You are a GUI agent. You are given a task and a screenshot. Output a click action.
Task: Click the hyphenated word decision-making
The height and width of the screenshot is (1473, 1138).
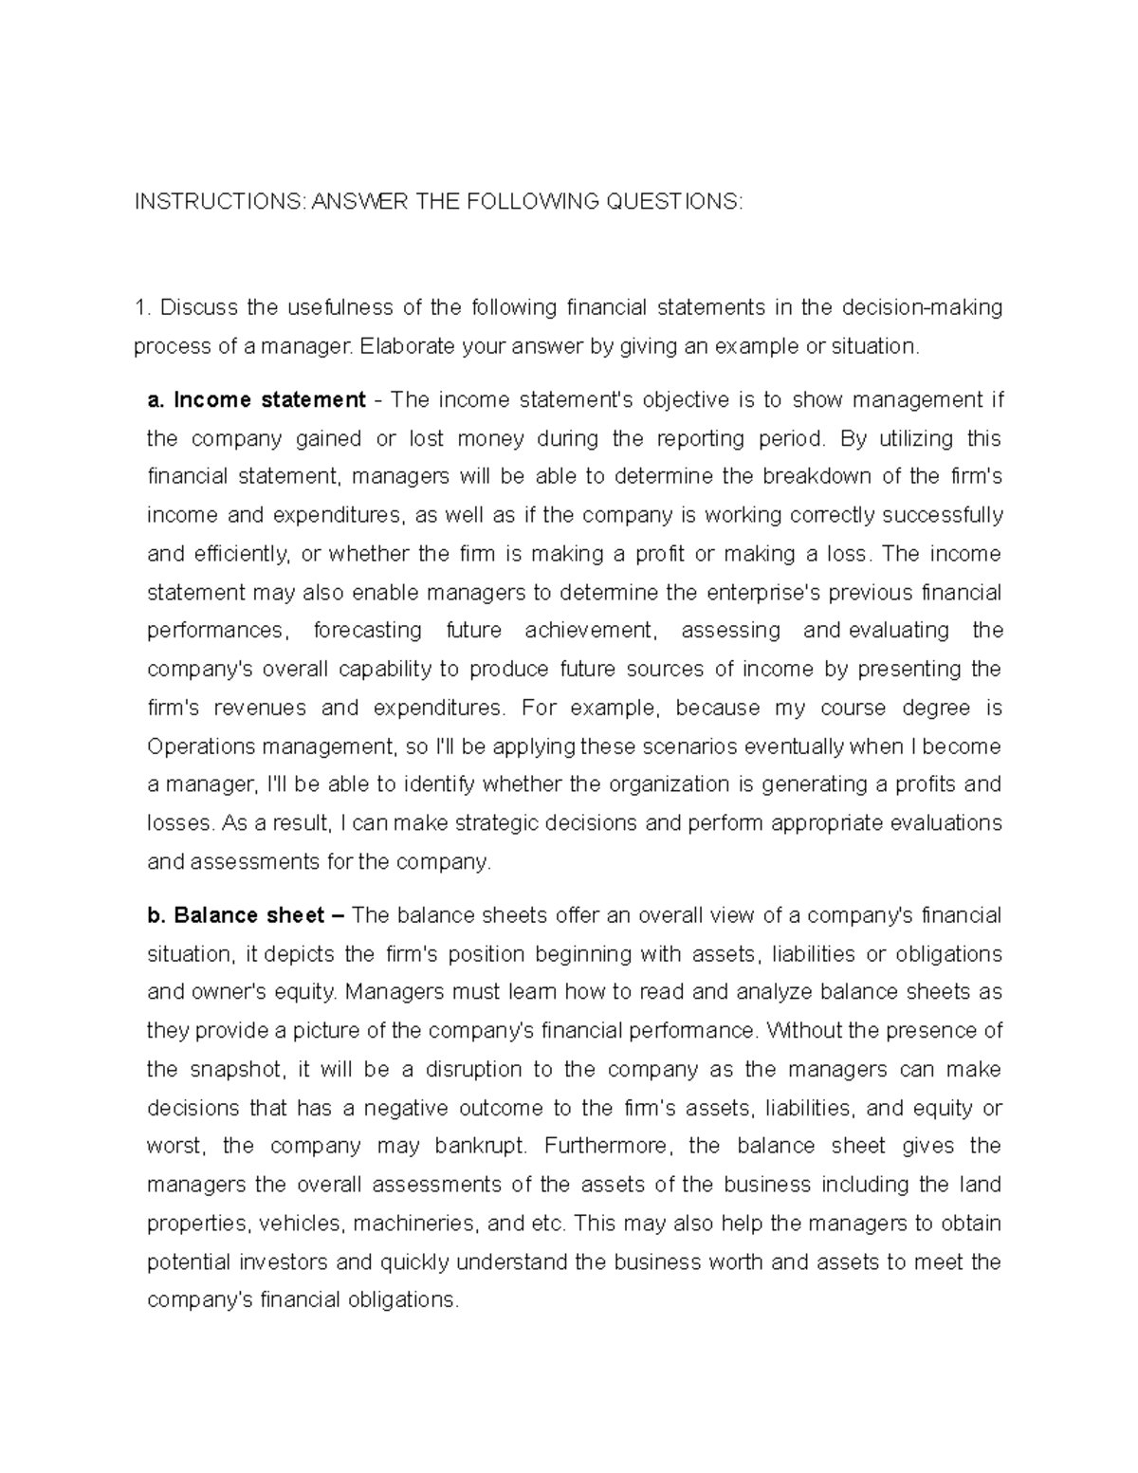pyautogui.click(x=915, y=307)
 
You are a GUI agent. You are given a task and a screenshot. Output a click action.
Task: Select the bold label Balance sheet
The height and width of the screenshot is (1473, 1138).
pyautogui.click(x=248, y=915)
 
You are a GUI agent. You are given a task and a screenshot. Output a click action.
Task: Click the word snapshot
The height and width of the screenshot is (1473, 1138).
pyautogui.click(x=241, y=1069)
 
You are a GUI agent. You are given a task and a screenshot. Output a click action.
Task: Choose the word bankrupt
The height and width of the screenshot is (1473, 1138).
pyautogui.click(x=479, y=1146)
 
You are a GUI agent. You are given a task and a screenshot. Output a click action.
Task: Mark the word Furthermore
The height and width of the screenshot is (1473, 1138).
pyautogui.click(x=608, y=1146)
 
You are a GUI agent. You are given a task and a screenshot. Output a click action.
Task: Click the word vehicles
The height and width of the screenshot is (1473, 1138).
pyautogui.click(x=302, y=1224)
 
